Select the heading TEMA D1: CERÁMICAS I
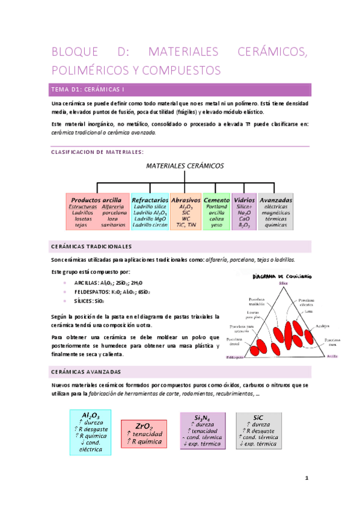pyautogui.click(x=88, y=90)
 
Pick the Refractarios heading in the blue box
pyautogui.click(x=150, y=200)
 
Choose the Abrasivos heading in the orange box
pyautogui.click(x=186, y=200)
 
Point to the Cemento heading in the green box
pyautogui.click(x=216, y=200)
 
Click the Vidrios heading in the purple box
pyautogui.click(x=244, y=200)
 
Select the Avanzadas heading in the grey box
pyautogui.click(x=276, y=200)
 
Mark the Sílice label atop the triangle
pyautogui.click(x=283, y=283)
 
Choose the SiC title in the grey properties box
pyautogui.click(x=258, y=417)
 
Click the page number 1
pyautogui.click(x=307, y=479)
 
